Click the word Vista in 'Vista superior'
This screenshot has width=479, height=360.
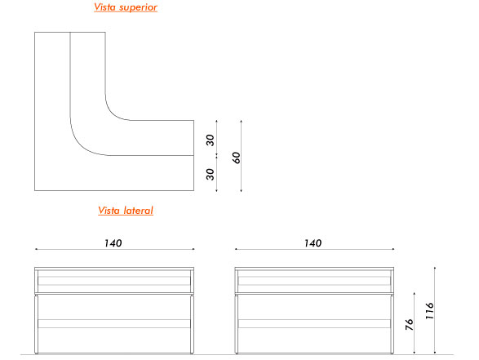[104, 7]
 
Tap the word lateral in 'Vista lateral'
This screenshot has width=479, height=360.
[139, 211]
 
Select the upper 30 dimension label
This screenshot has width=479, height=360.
[211, 140]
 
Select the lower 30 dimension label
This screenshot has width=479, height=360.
[211, 174]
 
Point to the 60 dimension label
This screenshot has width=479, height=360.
[237, 158]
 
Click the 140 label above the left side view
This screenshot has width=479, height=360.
[113, 243]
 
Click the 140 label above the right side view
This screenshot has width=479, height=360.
[313, 243]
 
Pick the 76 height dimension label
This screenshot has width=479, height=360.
[409, 325]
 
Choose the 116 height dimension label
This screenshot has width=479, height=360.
[429, 311]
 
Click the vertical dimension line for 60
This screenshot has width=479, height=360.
[241, 156]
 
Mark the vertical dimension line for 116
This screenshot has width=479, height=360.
[435, 310]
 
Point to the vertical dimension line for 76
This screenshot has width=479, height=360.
[415, 323]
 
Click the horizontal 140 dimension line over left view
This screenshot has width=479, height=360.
[114, 249]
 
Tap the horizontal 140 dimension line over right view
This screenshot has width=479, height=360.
[314, 249]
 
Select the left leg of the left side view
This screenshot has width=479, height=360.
[37, 324]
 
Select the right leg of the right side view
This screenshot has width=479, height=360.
[392, 324]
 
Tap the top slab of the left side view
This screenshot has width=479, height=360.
[114, 269]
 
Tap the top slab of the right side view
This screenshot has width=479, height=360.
[314, 269]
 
